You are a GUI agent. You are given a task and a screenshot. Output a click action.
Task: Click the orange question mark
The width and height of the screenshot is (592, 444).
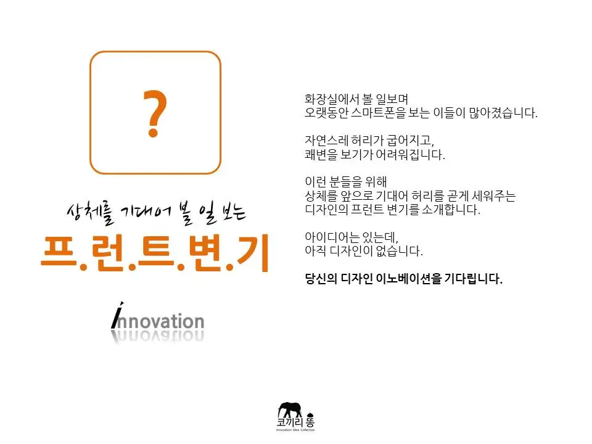point(155,114)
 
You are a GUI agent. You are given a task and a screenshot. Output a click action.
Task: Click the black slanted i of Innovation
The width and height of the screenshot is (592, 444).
point(117,315)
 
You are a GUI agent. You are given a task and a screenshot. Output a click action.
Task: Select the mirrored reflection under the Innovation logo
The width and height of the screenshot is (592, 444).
point(158,337)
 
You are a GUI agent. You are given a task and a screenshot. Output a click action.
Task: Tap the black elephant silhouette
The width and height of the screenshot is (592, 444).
point(289,409)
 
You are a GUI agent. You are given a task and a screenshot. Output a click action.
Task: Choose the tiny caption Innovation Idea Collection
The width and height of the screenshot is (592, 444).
point(296,430)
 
